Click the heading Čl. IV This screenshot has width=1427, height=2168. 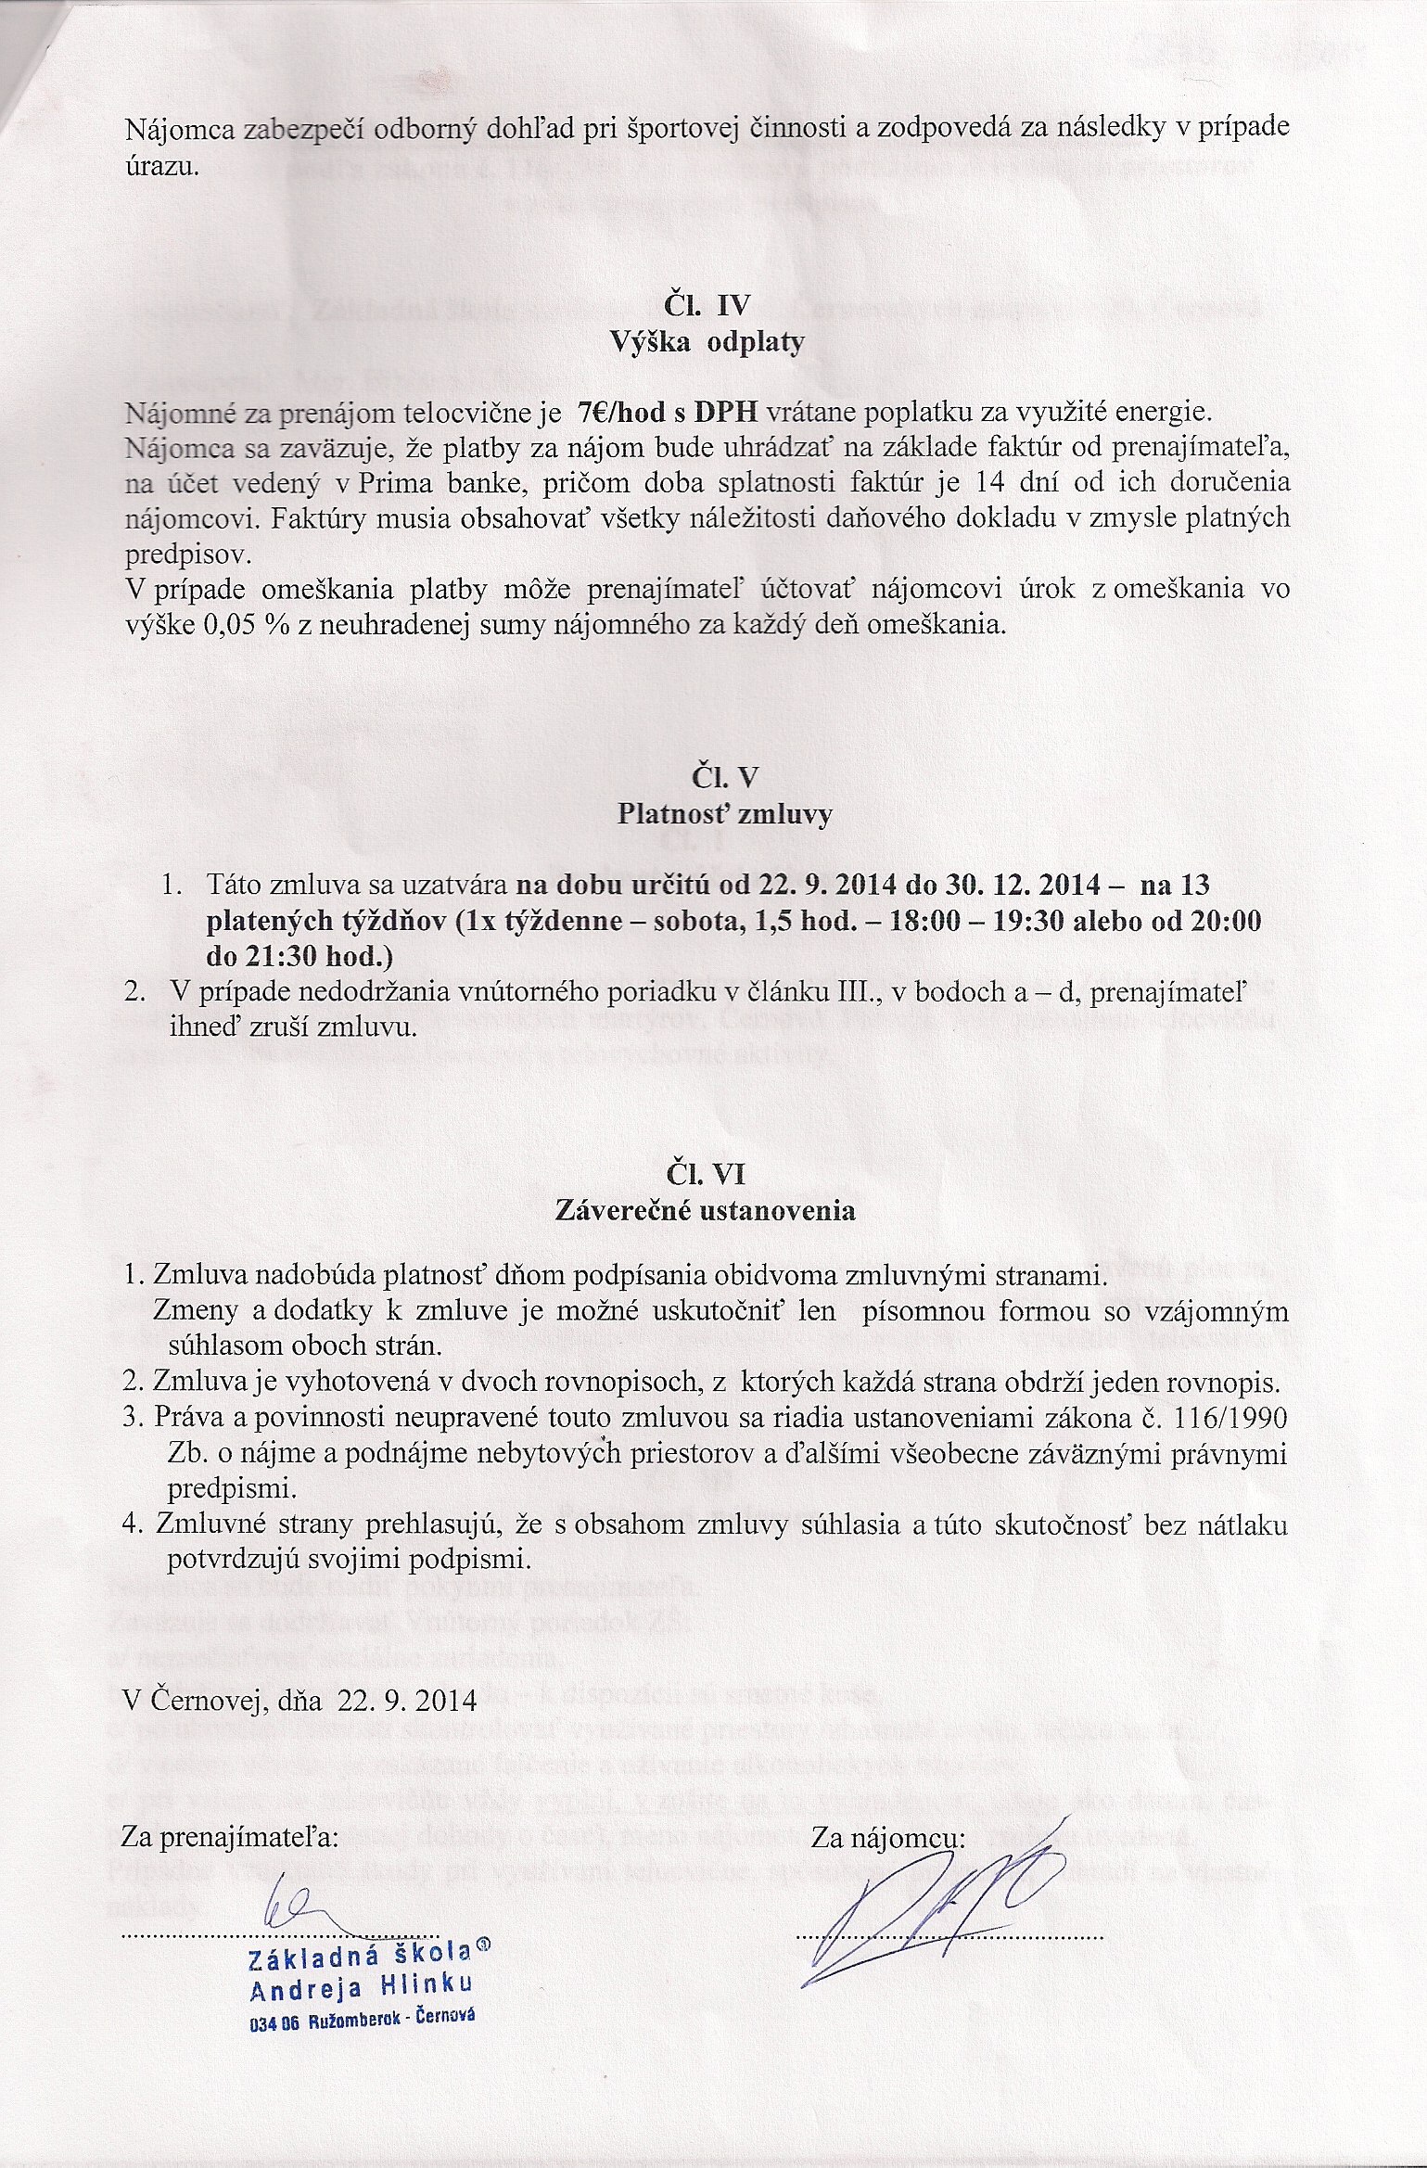(x=707, y=305)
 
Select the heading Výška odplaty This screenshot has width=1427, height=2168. (x=707, y=342)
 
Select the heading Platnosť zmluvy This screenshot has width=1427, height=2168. (x=724, y=814)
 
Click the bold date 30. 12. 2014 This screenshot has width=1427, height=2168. (x=1024, y=884)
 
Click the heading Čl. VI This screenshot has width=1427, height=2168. (x=707, y=1173)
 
